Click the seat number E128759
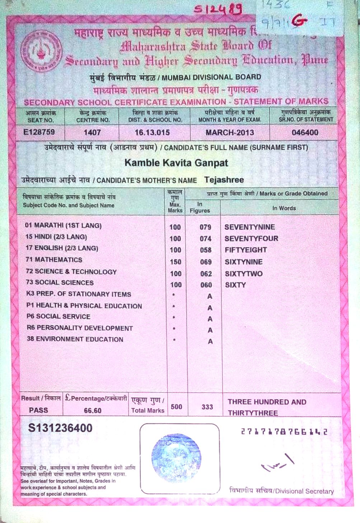pos(39,132)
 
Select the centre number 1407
pos(92,133)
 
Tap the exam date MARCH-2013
pos(230,133)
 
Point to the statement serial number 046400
pos(305,133)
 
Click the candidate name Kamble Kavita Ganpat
pos(176,163)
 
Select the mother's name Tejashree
pos(224,180)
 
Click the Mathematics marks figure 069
pos(206,262)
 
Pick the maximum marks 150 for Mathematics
pos(176,262)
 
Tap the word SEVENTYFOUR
pos(251,239)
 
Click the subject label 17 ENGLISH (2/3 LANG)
pos(62,248)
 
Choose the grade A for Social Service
pos(210,319)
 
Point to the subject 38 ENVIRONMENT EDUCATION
pos(75,339)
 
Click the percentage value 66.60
pos(93,411)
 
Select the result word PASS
pos(38,410)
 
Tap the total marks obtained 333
pos(207,407)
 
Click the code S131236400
pos(60,428)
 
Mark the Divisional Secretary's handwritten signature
pos(278,463)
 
